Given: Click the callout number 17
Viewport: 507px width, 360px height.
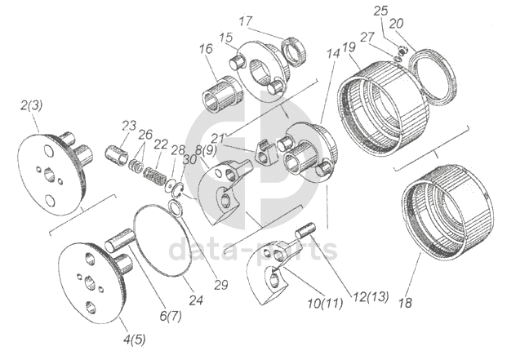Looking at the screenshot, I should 247,20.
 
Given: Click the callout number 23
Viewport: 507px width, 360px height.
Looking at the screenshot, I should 129,125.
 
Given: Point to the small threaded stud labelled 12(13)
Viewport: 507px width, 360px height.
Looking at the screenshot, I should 306,230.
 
